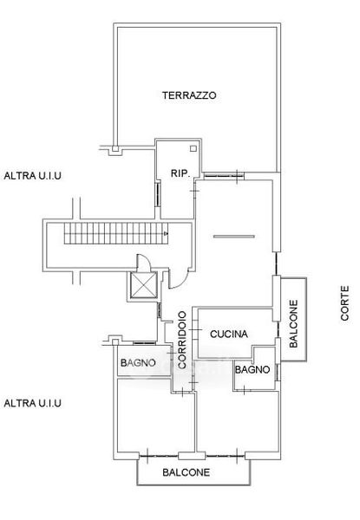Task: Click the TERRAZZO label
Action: point(189,95)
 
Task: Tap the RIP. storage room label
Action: point(180,173)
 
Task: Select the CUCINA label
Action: point(229,334)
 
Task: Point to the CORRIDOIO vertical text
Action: point(182,340)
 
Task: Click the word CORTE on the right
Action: point(344,303)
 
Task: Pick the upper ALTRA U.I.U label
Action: point(32,175)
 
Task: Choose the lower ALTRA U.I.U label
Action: point(32,403)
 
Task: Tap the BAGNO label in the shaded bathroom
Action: point(138,363)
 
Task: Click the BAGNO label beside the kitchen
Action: point(252,369)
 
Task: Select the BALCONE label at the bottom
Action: point(187,472)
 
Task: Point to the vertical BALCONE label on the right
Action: point(294,323)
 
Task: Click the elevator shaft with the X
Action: point(144,284)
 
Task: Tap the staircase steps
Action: point(115,233)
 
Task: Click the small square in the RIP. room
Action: point(193,148)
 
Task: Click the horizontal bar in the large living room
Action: point(234,237)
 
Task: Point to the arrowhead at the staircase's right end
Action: point(166,233)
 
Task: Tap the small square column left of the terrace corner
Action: point(115,148)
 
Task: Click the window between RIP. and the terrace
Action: point(224,176)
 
